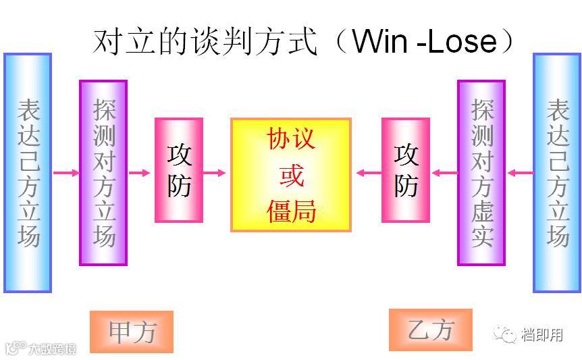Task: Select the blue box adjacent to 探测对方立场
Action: [28, 173]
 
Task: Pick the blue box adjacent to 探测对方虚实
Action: [557, 173]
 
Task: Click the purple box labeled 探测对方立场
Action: [103, 173]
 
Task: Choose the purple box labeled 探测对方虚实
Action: [481, 173]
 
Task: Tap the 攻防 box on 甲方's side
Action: [179, 170]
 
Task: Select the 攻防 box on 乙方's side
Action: [406, 170]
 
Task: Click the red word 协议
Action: [291, 139]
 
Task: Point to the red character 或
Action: [291, 175]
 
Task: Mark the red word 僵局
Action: [291, 211]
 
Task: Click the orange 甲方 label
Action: [132, 332]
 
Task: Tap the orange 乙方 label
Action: [431, 330]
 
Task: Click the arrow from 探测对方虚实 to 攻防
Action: [444, 174]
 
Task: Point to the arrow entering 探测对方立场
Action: [65, 174]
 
